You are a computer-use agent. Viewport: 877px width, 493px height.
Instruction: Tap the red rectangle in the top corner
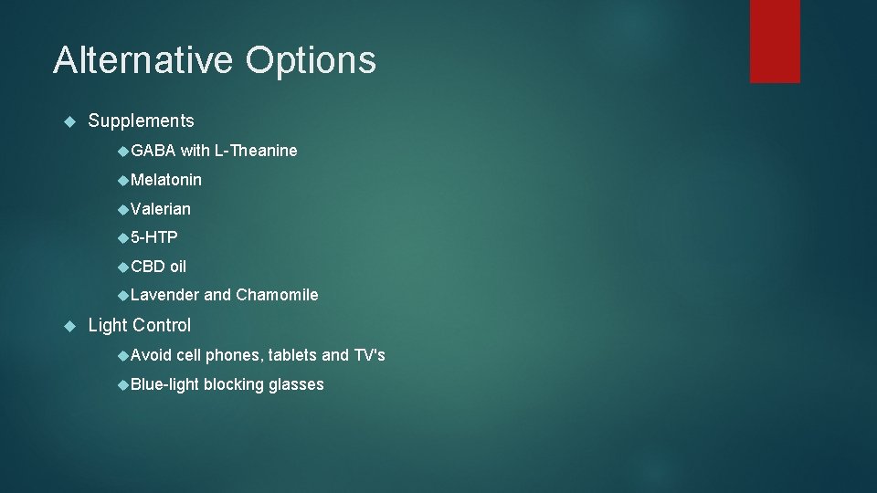point(775,41)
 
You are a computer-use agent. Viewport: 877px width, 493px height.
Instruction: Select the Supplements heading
point(141,121)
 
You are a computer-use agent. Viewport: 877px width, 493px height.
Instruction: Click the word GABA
point(153,151)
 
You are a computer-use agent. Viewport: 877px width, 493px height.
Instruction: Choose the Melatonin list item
point(166,180)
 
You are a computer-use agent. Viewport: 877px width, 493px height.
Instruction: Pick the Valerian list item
point(161,209)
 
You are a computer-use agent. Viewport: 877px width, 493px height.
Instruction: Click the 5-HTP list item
point(154,237)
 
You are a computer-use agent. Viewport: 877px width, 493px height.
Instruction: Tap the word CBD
point(148,267)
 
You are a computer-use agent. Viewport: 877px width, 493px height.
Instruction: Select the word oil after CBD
point(178,267)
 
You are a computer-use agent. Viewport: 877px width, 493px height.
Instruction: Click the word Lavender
point(164,295)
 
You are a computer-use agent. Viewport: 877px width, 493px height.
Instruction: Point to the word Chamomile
point(277,295)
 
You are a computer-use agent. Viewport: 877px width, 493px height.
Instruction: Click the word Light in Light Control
point(108,325)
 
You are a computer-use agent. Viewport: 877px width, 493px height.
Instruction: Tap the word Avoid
point(151,355)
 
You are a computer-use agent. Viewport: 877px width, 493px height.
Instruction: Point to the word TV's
point(369,355)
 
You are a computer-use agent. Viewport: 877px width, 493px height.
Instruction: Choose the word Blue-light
point(164,384)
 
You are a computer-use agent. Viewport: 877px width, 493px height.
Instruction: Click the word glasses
point(296,384)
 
